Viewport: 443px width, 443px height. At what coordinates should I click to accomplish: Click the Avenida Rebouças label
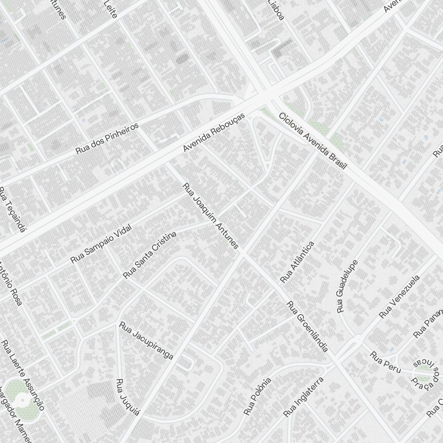coord(214,132)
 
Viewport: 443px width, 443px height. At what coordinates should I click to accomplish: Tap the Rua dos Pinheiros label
coord(107,138)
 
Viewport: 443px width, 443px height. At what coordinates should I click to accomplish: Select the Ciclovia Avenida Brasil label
coord(312,140)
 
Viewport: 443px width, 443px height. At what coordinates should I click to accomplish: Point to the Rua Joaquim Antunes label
coord(211,216)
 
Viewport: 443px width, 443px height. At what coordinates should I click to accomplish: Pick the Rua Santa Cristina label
coord(150,255)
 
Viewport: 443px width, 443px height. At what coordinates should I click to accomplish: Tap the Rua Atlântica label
coord(297,262)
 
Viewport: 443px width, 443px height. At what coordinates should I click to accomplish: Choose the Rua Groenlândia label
coord(307,326)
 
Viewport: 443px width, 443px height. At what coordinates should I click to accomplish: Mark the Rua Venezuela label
coord(399,297)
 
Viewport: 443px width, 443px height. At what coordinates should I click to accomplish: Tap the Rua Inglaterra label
coord(303,397)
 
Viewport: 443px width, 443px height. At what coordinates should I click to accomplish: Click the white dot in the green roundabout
coord(22,401)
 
